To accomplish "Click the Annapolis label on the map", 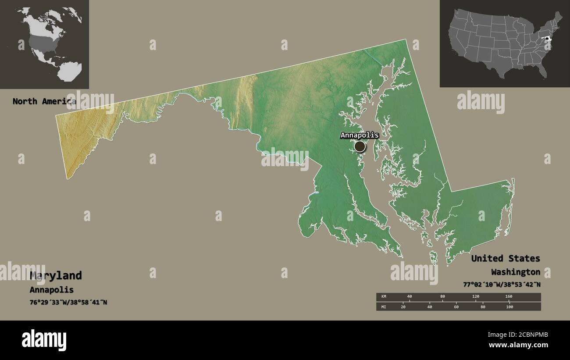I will tap(359, 135).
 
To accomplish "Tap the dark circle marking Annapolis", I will tap(360, 146).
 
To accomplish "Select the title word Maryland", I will tap(56, 275).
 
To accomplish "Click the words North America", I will tap(44, 101).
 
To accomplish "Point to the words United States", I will tap(506, 258).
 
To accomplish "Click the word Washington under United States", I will tap(516, 272).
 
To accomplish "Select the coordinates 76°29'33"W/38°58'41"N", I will tap(68, 303).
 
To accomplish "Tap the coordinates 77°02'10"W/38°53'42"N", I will tap(502, 285).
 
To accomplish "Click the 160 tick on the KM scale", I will tap(509, 297).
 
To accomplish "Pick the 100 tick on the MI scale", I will tap(509, 307).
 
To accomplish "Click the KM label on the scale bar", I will tap(384, 297).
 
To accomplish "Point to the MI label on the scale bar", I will tap(384, 307).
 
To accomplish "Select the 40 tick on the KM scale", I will tap(410, 297).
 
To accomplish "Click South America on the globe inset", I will tap(70, 71).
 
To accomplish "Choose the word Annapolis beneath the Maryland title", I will tap(52, 290).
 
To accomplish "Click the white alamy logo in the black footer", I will tap(44, 340).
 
